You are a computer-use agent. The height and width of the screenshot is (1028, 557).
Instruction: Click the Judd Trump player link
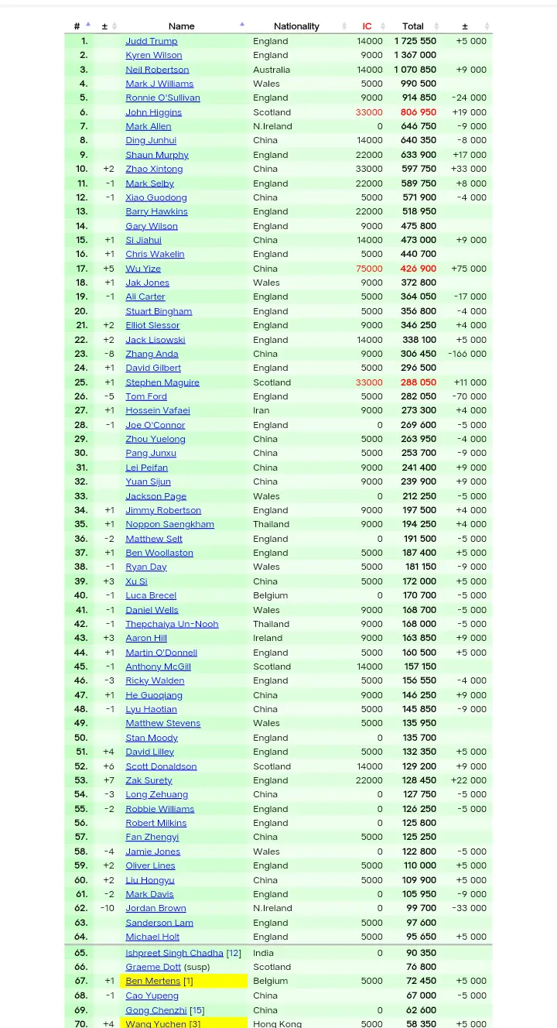[152, 41]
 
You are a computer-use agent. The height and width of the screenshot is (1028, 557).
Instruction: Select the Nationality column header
[296, 26]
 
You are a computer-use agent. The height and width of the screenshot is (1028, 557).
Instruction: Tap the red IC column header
[367, 26]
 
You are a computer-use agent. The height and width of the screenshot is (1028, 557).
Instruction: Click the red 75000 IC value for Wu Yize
[369, 269]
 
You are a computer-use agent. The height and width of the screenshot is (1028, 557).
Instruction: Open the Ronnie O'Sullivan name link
[162, 98]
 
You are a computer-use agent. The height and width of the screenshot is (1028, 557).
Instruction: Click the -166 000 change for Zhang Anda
[467, 354]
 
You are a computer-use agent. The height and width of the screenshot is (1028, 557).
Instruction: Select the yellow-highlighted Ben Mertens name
[153, 981]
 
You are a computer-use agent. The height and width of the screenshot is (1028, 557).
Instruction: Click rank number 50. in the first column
[81, 738]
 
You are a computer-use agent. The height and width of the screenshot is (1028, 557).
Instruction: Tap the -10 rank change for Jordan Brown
[107, 908]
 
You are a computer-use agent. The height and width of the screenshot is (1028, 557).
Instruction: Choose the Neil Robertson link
[157, 70]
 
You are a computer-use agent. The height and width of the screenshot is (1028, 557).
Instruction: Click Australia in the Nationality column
[271, 70]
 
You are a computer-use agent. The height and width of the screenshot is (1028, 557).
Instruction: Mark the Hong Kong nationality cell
[277, 1023]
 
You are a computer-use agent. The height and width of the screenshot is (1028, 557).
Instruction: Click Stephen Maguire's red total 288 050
[418, 382]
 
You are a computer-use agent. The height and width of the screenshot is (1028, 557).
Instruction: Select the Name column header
[182, 26]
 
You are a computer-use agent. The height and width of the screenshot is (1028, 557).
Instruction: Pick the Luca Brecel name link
[151, 595]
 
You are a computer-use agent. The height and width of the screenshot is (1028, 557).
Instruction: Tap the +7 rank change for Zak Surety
[108, 780]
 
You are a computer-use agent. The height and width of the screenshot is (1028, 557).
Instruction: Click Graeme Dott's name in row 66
[153, 967]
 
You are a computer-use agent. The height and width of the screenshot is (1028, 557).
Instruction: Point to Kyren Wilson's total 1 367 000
[415, 55]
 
